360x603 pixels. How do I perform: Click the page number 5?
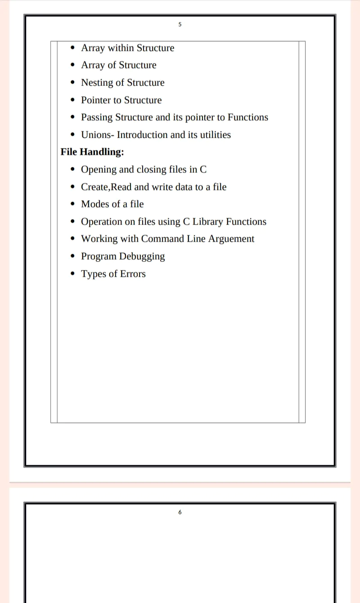pos(180,24)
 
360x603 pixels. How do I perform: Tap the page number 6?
pos(180,512)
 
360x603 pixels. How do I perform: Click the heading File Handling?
pos(92,152)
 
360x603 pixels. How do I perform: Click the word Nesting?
pos(97,83)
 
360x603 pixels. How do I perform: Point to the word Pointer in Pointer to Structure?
pos(95,100)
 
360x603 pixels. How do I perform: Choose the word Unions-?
pos(98,135)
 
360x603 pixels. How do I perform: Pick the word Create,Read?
pos(106,187)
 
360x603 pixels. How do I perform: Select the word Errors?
pos(133,274)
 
